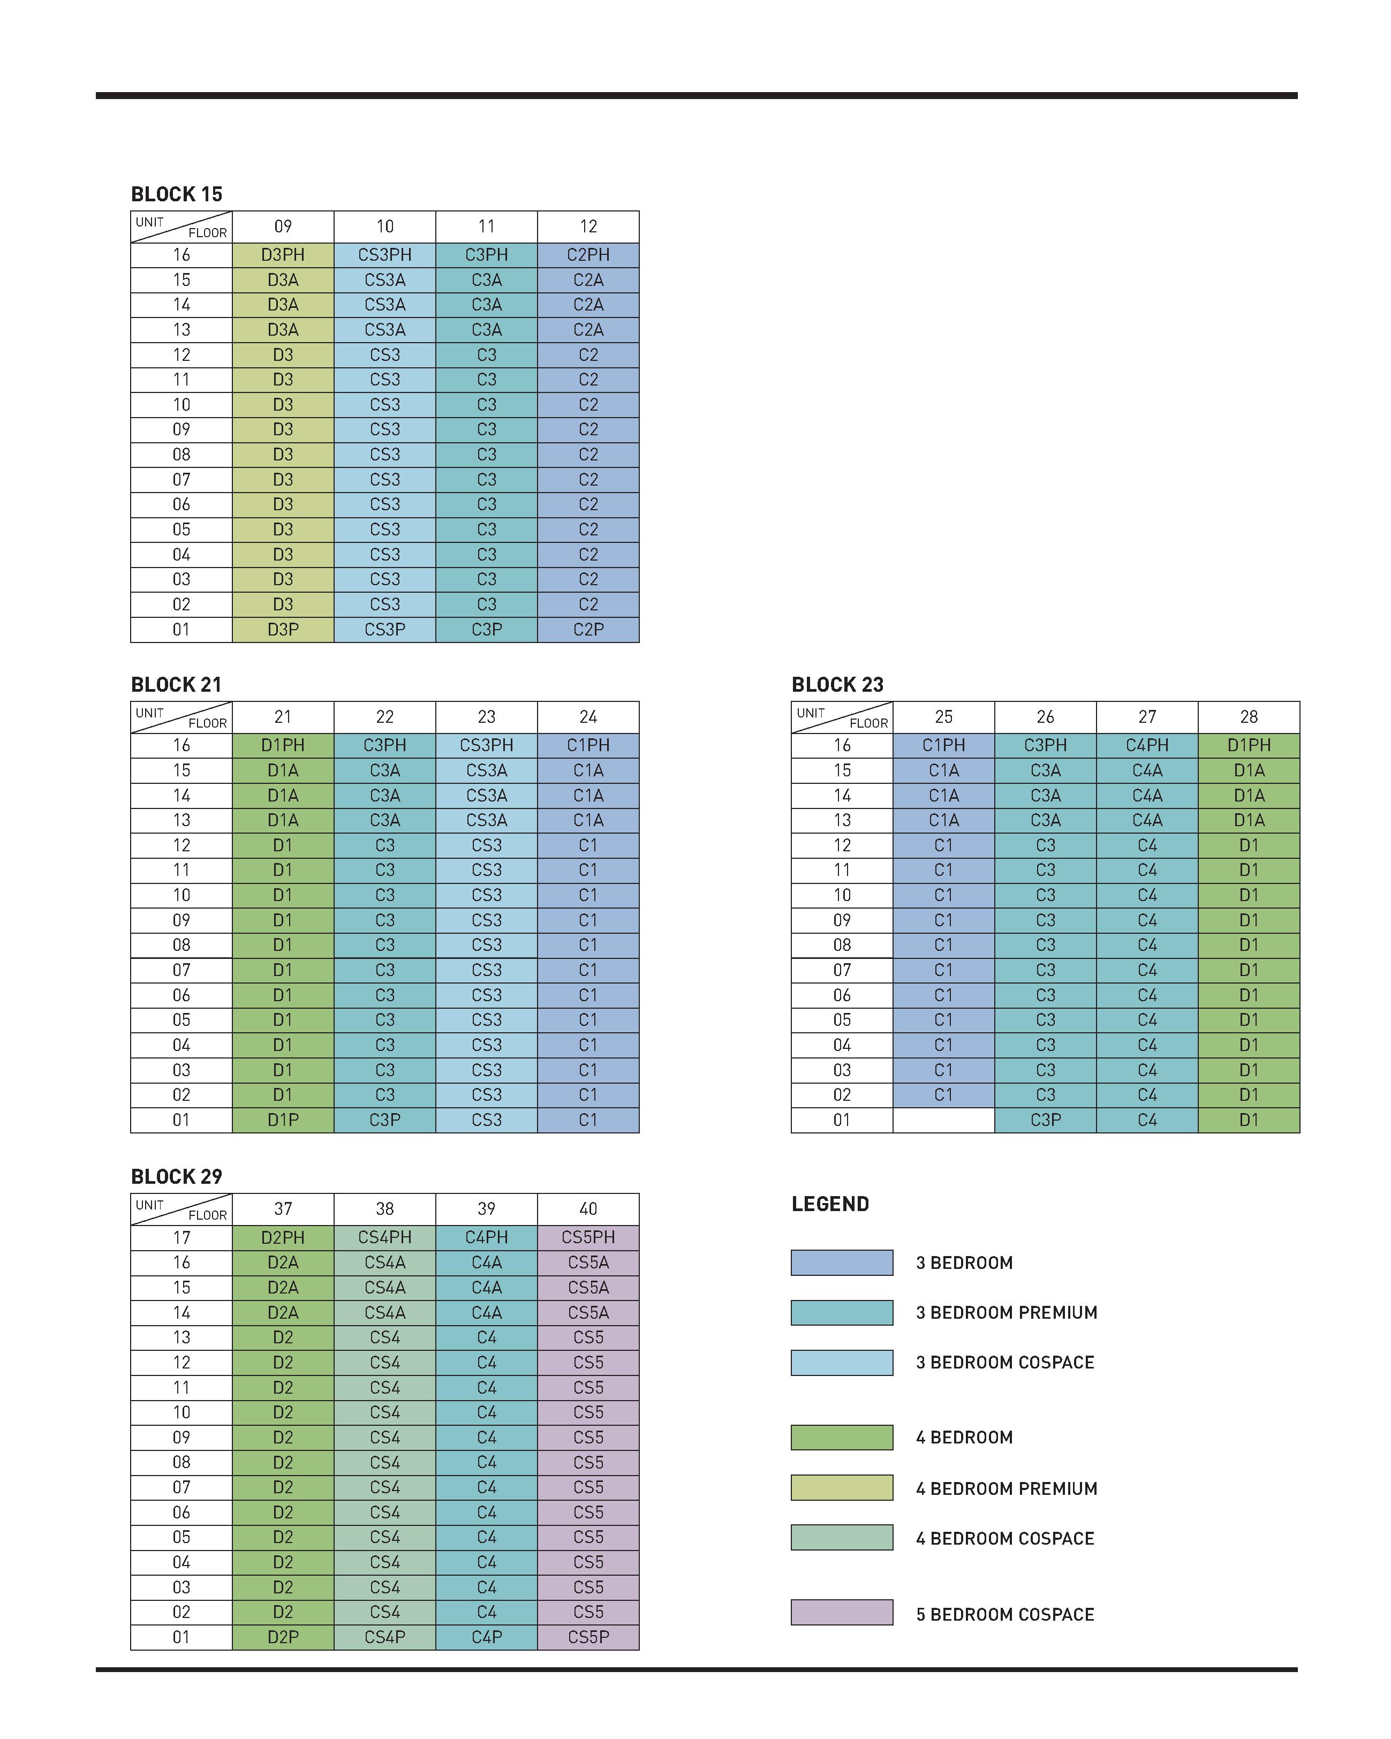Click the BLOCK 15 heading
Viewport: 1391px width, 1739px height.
[177, 194]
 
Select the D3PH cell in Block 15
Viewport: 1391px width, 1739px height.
[283, 255]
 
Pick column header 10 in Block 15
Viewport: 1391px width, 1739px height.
[384, 226]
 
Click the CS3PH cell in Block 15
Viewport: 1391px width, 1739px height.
[384, 255]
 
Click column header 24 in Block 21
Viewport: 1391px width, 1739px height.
[588, 717]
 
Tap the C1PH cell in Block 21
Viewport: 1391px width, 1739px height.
[588, 745]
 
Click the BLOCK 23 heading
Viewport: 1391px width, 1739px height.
[838, 685]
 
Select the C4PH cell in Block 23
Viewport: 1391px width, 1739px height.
[1147, 745]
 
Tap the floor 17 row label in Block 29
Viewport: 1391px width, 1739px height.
[182, 1237]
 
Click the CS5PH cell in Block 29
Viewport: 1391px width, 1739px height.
[588, 1237]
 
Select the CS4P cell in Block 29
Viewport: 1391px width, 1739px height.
[384, 1637]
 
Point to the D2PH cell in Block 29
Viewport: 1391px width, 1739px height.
[283, 1237]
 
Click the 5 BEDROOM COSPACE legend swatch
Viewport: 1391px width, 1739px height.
[842, 1612]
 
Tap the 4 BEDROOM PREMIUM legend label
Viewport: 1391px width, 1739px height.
[1007, 1488]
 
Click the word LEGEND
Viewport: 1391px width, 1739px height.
[830, 1204]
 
